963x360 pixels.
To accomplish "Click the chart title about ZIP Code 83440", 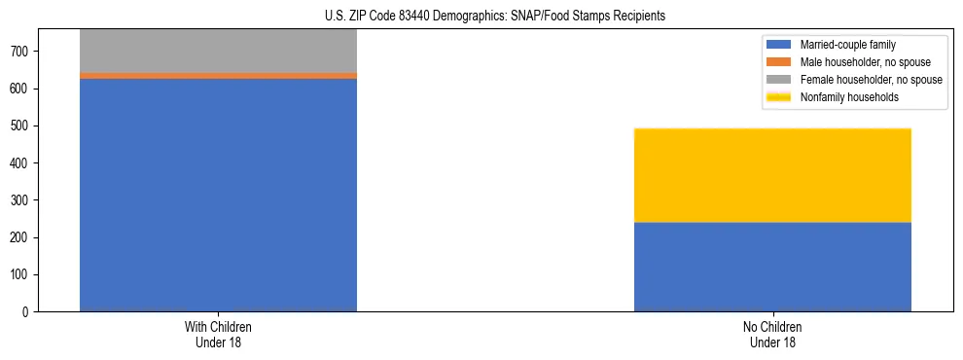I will pos(481,16).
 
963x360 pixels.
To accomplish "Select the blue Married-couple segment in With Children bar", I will pos(218,195).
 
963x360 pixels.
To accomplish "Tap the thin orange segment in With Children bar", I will pos(218,75).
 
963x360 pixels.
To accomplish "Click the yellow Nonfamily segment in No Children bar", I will pos(772,175).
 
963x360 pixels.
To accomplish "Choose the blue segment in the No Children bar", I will pos(772,267).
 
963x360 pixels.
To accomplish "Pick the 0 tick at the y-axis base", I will pos(30,311).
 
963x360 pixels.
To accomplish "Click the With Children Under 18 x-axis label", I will pos(218,334).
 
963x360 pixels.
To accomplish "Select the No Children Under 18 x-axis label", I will pos(772,334).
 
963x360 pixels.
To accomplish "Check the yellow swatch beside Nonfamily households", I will pos(780,97).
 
